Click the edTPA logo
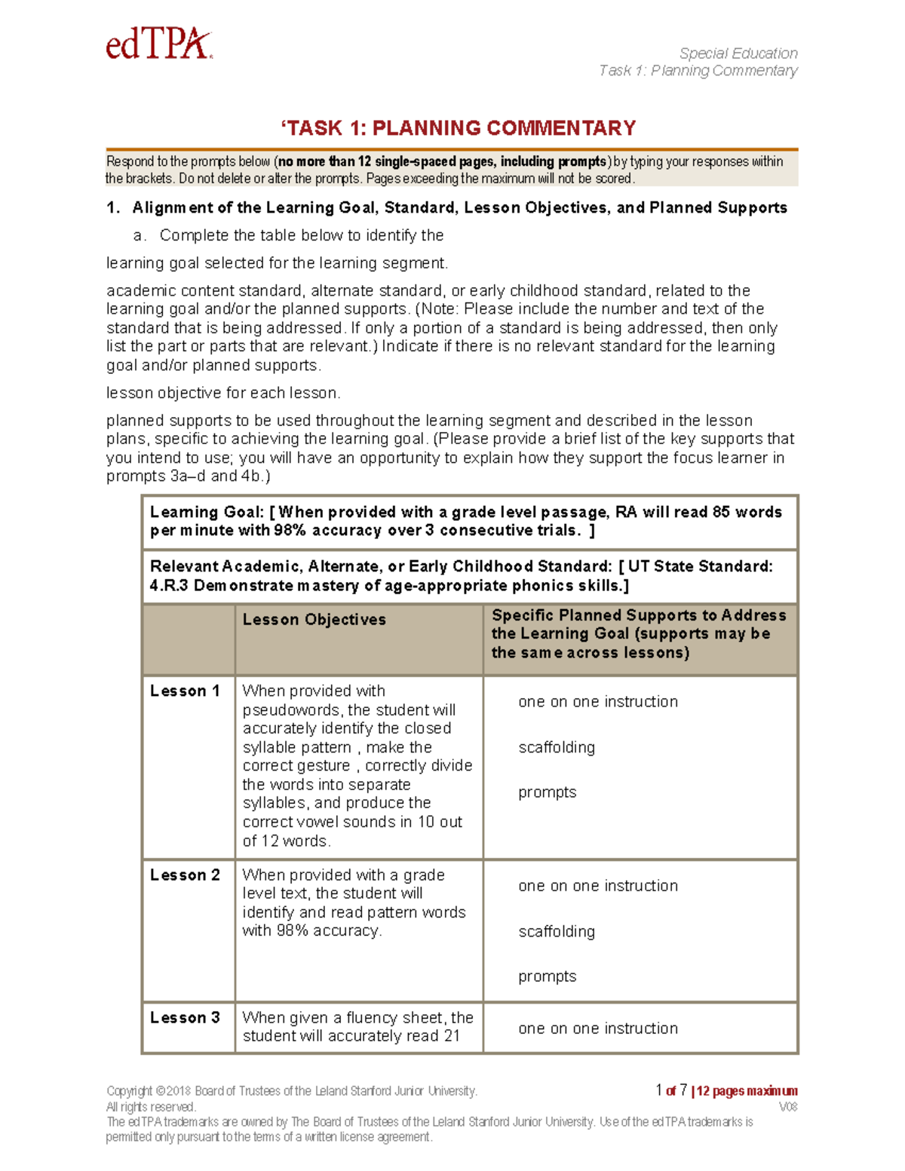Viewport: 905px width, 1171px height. [x=159, y=44]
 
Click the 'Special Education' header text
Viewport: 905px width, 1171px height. [x=738, y=54]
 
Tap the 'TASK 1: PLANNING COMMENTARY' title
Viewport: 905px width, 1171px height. [x=459, y=128]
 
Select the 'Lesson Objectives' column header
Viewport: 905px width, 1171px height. [x=314, y=620]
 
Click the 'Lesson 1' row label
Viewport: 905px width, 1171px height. [x=185, y=691]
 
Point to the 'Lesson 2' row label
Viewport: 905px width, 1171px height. [x=185, y=875]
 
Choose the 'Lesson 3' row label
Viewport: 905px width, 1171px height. [x=185, y=1017]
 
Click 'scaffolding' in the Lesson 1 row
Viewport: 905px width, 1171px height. [x=557, y=747]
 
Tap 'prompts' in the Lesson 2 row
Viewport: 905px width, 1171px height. [x=547, y=976]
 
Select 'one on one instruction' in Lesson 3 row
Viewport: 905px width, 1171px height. [x=597, y=1028]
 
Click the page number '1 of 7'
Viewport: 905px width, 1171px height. [x=671, y=1090]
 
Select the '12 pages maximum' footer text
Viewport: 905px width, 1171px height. [x=747, y=1091]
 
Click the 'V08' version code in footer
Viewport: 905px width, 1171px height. [x=787, y=1107]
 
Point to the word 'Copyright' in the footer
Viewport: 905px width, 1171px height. [x=129, y=1091]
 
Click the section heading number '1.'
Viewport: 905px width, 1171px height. [x=113, y=208]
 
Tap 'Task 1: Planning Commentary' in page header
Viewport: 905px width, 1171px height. [x=698, y=71]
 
